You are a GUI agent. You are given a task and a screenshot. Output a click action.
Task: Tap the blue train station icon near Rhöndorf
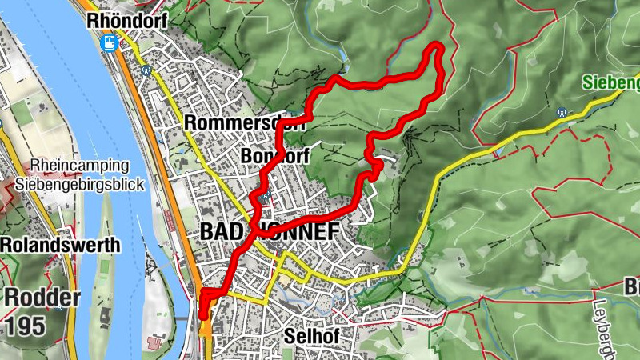(110, 43)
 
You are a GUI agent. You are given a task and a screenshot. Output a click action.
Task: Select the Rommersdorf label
(233, 122)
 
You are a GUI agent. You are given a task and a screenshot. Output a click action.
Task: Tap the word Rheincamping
(79, 166)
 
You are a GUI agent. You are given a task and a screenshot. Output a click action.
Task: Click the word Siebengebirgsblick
(86, 185)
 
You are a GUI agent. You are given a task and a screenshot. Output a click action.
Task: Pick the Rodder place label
(42, 298)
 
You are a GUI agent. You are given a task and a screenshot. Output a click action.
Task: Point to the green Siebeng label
(610, 82)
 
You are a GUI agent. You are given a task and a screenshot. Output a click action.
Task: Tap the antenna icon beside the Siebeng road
(562, 114)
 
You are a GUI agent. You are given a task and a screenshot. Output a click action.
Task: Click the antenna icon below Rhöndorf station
(146, 70)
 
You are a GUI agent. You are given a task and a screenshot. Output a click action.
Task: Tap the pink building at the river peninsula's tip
(154, 342)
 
